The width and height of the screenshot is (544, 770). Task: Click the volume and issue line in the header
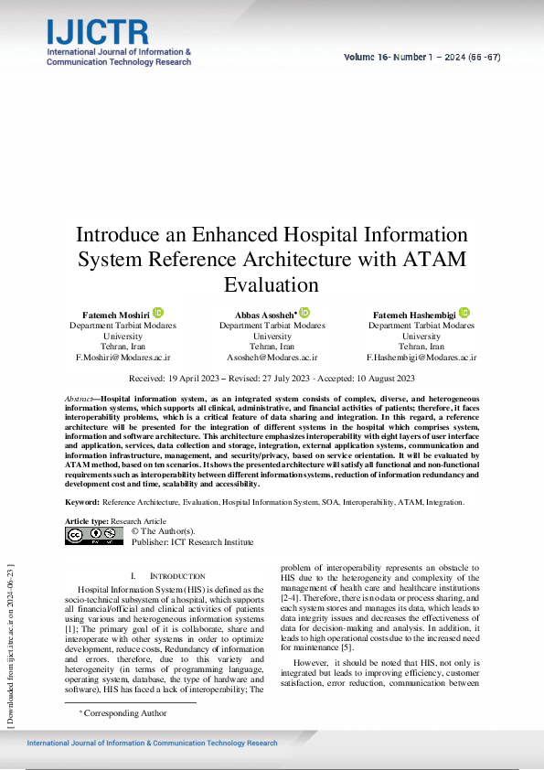421,57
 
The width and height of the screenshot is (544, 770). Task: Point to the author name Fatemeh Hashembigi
414,314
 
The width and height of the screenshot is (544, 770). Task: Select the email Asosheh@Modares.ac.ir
272,358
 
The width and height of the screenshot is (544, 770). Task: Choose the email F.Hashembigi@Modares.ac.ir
421,358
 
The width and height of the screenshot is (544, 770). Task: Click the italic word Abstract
80,400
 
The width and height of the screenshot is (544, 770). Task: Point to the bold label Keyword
81,502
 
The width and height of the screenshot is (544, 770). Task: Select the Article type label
86,520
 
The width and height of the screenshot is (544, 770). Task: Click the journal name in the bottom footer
153,743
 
